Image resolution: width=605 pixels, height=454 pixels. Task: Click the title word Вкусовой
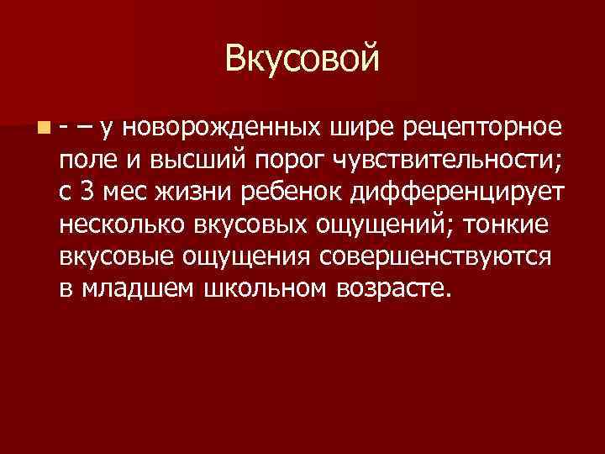point(302,59)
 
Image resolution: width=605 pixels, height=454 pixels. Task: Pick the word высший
point(187,160)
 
